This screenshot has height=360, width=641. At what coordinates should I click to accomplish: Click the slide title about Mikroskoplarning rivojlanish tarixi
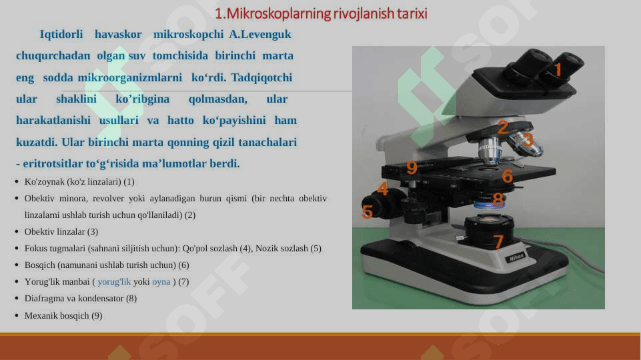click(321, 13)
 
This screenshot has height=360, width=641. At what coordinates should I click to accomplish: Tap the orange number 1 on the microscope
click(558, 69)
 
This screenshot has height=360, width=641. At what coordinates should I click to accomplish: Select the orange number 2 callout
click(502, 127)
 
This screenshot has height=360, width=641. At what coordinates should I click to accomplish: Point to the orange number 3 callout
click(528, 140)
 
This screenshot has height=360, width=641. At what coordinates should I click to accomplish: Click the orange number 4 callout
click(383, 189)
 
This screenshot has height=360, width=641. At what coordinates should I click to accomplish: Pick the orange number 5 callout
click(367, 212)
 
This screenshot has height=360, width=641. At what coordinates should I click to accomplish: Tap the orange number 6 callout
click(507, 176)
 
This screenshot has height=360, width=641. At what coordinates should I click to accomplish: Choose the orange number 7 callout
click(498, 241)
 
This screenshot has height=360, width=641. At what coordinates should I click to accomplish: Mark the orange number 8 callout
click(498, 199)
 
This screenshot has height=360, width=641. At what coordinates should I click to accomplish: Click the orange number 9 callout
click(412, 167)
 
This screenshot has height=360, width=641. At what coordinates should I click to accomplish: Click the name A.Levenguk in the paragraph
click(260, 34)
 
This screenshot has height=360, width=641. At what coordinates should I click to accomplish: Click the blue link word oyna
click(161, 282)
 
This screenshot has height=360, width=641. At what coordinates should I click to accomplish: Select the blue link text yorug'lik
click(114, 282)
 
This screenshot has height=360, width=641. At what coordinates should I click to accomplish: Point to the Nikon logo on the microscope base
click(517, 257)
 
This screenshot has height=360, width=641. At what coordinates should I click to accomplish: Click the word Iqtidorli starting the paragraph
click(61, 34)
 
